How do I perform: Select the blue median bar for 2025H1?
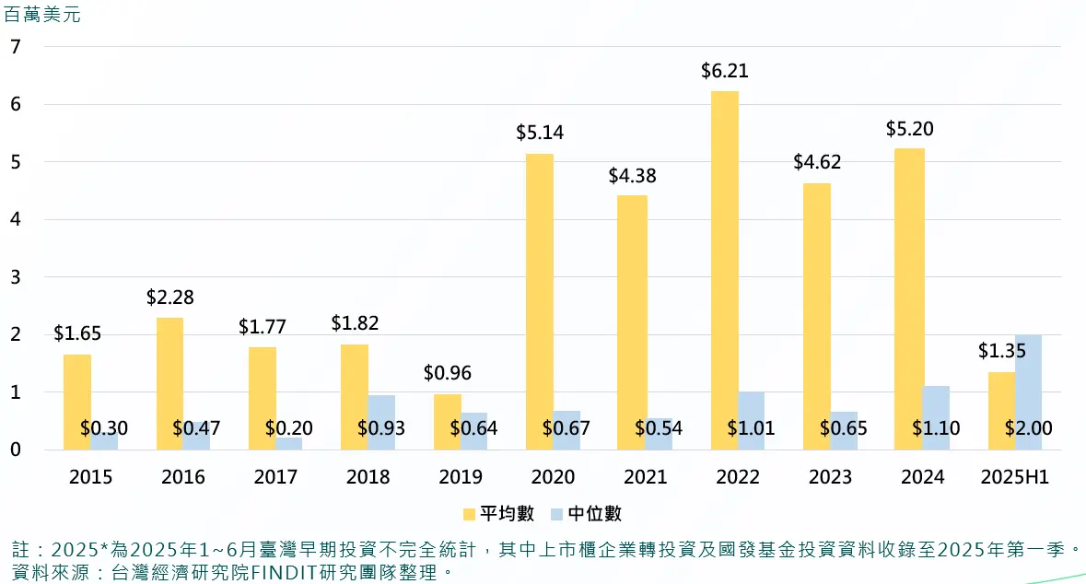[1028, 391]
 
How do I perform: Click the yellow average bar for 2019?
[447, 422]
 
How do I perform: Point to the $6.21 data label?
[724, 71]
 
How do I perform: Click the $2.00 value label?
[1028, 428]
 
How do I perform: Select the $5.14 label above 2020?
[540, 133]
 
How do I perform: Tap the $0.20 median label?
[289, 428]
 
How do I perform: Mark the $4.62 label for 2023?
[817, 163]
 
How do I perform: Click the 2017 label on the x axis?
[275, 477]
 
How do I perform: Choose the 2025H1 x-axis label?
[1015, 477]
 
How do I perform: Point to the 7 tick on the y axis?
[15, 46]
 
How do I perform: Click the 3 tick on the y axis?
[15, 277]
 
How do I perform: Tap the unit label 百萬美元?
[42, 16]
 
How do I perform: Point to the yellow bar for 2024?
[910, 298]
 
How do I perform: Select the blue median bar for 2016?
[196, 435]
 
